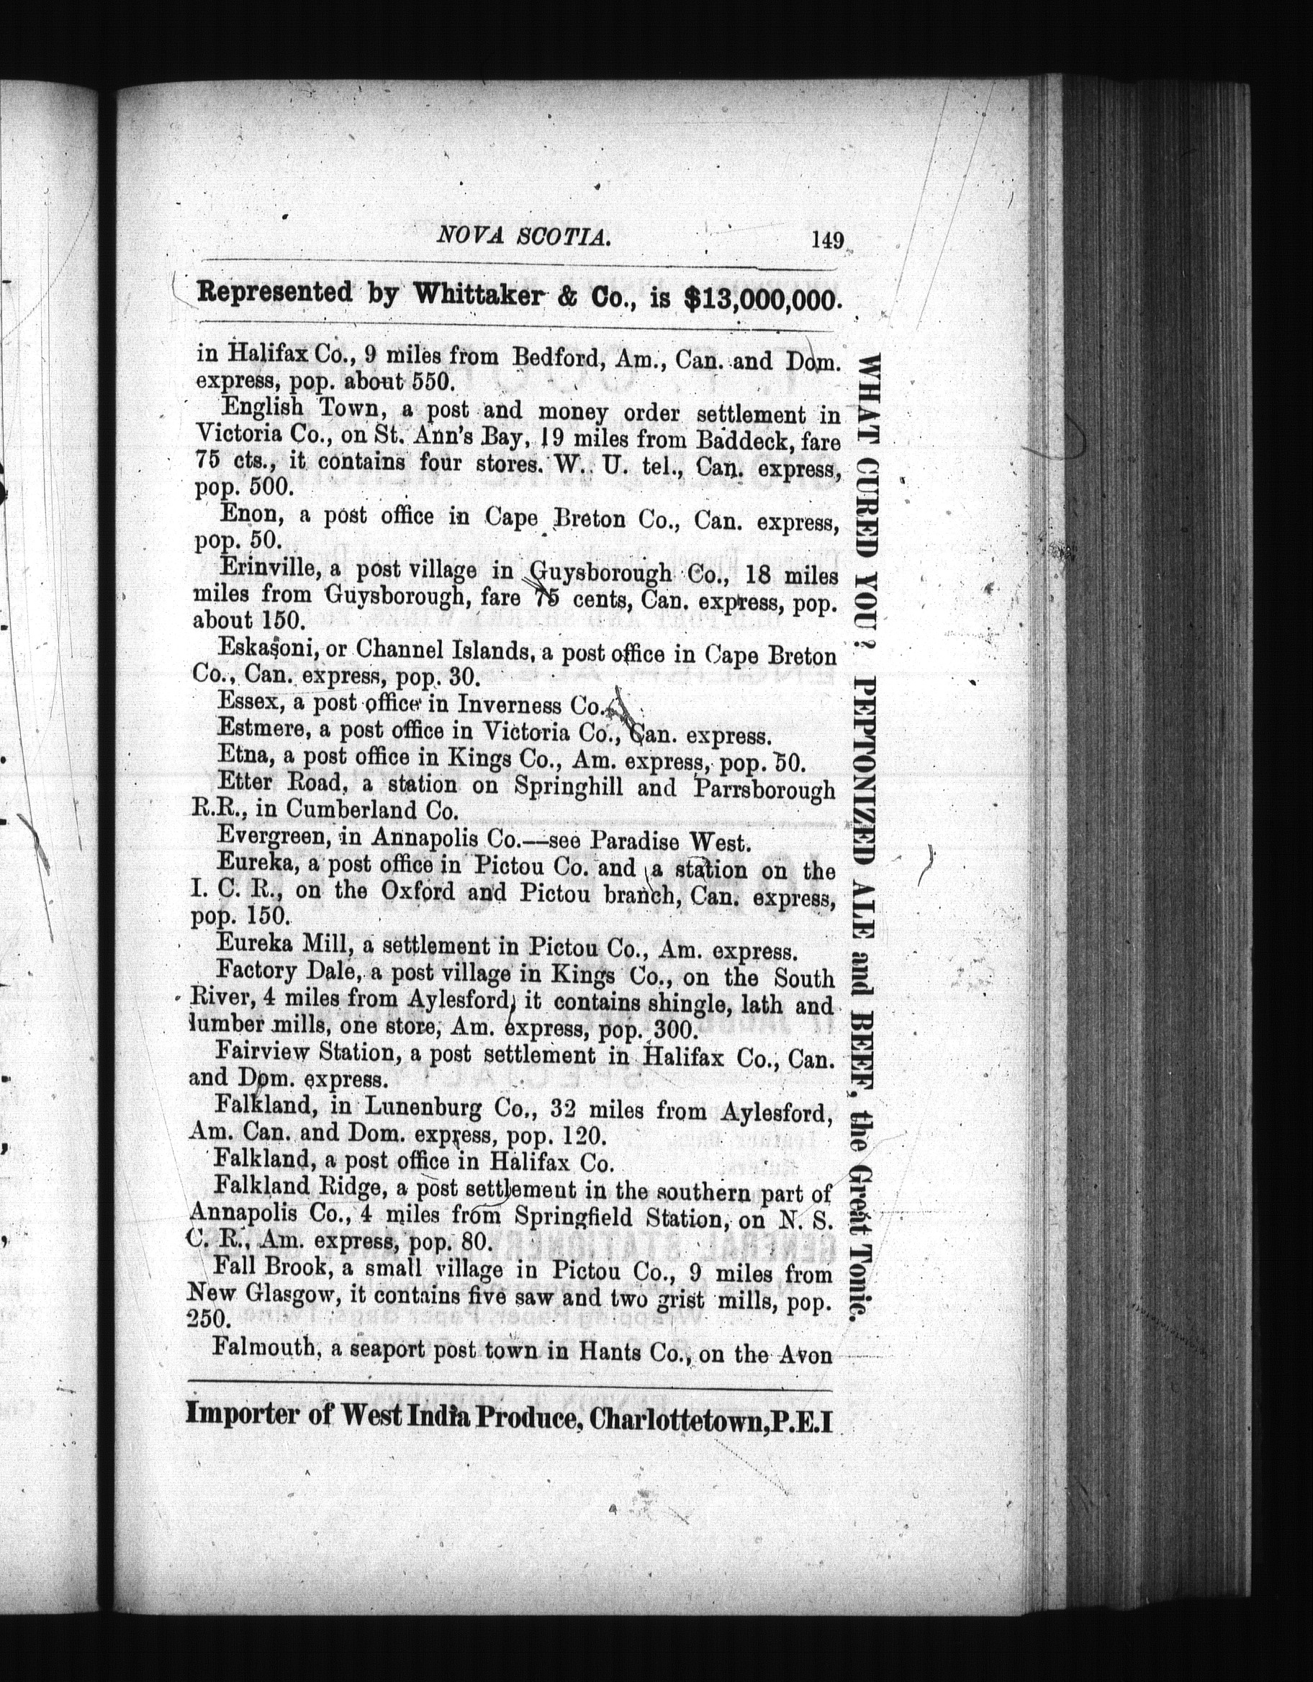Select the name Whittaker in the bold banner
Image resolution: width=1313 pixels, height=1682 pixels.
477,295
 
